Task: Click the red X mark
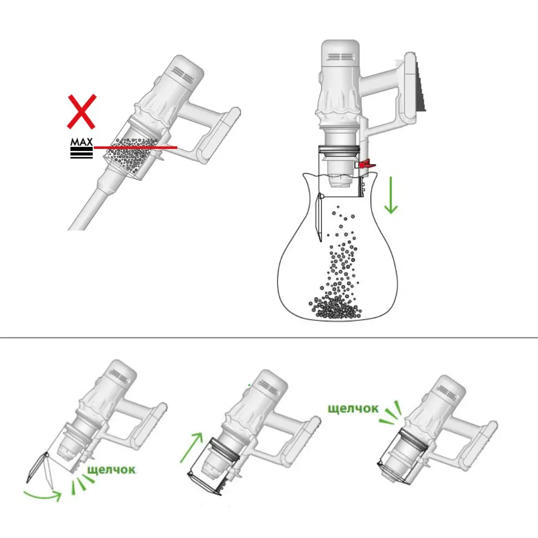coord(81,112)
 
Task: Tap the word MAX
coord(82,141)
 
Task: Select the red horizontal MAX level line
coord(135,147)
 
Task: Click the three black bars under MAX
coord(82,153)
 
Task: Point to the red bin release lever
coord(367,164)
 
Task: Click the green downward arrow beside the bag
coord(391,195)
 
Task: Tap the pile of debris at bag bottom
coord(335,308)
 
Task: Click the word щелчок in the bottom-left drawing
coord(111,469)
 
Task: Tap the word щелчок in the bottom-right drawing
coord(353,408)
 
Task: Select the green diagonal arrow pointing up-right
coord(191,447)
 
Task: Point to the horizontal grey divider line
coord(269,338)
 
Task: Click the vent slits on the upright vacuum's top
coord(340,57)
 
